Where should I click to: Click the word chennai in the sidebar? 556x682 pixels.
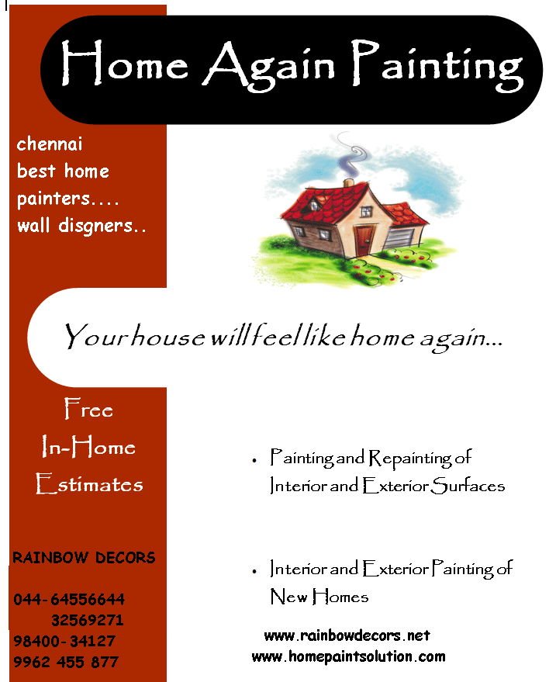click(50, 144)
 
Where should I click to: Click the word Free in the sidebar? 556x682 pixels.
click(88, 409)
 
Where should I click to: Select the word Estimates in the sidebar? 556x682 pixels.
click(90, 485)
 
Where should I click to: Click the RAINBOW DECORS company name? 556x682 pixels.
click(84, 558)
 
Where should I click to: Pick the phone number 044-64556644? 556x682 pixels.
click(69, 600)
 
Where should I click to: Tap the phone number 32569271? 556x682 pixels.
click(88, 621)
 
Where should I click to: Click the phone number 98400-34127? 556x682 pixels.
click(64, 642)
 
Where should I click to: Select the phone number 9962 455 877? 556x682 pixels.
click(66, 663)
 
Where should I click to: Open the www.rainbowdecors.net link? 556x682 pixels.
click(347, 635)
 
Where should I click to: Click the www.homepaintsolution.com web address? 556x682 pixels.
click(348, 656)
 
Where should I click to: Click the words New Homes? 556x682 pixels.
click(319, 597)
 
